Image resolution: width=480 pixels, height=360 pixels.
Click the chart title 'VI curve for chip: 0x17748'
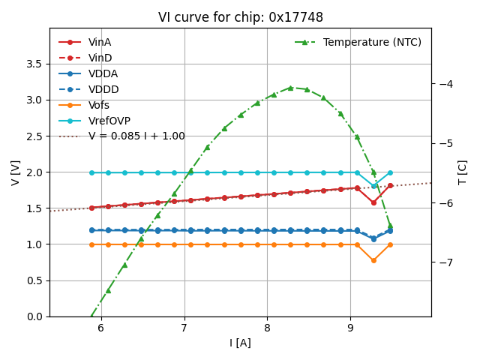tap(240, 17)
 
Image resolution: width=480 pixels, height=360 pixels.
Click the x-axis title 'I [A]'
tap(240, 343)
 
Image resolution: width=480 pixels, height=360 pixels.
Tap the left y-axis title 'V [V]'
tap(16, 172)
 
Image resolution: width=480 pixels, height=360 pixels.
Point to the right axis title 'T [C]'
tap(463, 172)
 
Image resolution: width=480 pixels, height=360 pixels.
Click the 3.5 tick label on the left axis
tap(34, 64)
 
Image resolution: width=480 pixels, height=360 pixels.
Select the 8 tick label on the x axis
tap(267, 328)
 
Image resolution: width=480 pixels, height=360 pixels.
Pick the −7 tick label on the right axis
tap(447, 262)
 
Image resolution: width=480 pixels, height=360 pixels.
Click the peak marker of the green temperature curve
tap(290, 88)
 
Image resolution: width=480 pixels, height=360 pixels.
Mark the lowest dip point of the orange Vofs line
tap(373, 260)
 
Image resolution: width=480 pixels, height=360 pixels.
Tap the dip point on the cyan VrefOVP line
tap(373, 186)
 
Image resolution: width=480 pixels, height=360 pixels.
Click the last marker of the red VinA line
tap(390, 185)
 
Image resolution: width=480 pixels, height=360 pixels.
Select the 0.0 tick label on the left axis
tap(34, 316)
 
